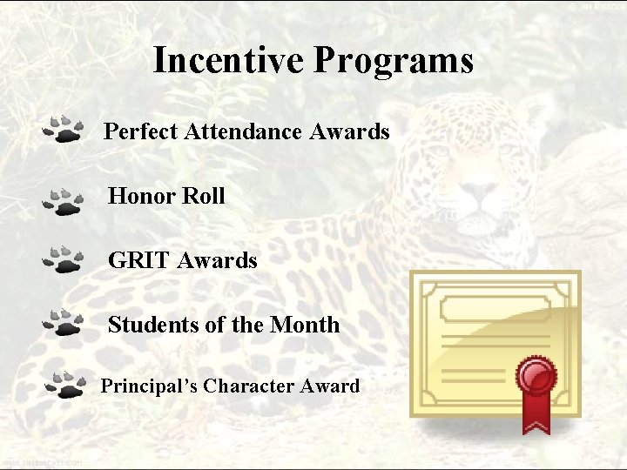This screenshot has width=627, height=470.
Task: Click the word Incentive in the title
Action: point(229,60)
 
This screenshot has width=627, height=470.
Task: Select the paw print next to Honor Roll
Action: point(63,200)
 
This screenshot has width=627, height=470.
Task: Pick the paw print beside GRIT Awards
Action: point(63,260)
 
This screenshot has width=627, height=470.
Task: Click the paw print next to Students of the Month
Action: point(63,322)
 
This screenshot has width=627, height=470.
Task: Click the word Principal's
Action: point(148,386)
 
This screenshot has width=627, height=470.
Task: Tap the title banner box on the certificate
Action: point(495,308)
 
